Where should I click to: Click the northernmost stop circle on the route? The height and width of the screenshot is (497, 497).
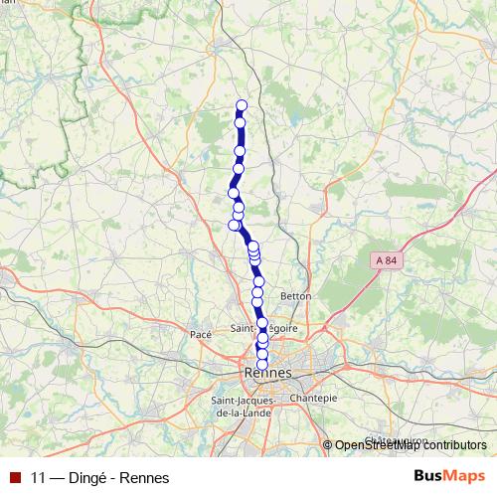(241, 105)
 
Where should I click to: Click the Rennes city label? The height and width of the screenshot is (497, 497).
(266, 373)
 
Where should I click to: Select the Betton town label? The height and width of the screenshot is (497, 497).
(296, 295)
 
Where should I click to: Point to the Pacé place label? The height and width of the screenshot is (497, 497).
(201, 335)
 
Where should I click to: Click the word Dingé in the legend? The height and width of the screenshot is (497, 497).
(87, 477)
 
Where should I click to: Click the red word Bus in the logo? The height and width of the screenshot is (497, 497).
(428, 476)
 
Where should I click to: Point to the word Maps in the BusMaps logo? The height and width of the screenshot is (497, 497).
(464, 476)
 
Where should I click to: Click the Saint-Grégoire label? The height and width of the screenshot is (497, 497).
(263, 327)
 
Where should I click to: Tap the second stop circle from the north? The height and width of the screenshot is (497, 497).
(241, 122)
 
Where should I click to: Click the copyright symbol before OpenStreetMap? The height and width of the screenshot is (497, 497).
(328, 446)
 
